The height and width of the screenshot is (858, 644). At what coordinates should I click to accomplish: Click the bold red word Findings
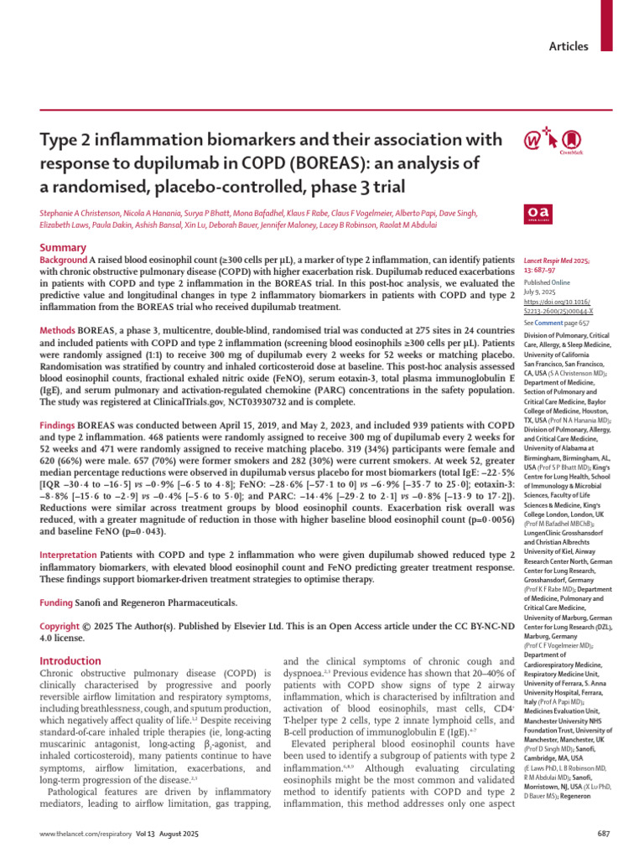(60, 426)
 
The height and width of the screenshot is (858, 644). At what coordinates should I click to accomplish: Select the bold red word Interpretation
(69, 555)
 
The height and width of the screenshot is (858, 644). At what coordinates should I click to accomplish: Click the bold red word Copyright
(61, 627)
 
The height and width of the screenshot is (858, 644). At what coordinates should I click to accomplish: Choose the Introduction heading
(71, 661)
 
